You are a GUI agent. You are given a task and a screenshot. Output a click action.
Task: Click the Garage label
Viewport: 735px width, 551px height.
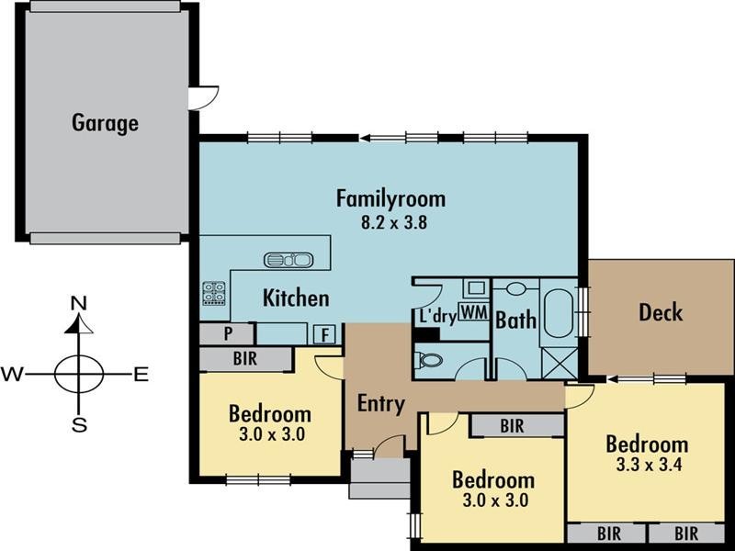[105, 123]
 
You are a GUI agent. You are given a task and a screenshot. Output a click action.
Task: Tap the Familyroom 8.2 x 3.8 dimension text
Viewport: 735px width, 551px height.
[394, 221]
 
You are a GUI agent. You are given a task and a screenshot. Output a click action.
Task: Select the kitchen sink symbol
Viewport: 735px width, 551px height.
[288, 260]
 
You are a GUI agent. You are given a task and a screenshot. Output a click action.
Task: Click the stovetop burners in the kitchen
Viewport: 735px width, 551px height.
[214, 293]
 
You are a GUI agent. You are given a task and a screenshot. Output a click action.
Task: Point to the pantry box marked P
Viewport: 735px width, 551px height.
[227, 333]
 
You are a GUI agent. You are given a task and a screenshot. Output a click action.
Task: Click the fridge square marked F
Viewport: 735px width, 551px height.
[324, 334]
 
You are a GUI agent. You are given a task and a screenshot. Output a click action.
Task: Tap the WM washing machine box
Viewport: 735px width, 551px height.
[473, 312]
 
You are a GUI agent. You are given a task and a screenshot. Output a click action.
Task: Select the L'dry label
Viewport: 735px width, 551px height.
[438, 316]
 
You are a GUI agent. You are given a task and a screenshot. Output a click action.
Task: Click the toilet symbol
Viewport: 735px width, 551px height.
[428, 361]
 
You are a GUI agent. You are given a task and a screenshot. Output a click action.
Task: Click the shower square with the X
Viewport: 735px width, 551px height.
[560, 363]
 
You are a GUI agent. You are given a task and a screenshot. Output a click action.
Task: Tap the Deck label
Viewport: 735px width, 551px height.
[661, 312]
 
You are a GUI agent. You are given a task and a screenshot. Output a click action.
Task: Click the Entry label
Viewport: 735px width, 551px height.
[381, 403]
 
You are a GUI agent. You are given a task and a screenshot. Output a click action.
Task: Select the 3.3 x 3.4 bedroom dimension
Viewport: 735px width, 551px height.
[649, 465]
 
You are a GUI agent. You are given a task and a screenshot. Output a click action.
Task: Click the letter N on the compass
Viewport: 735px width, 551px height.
[79, 304]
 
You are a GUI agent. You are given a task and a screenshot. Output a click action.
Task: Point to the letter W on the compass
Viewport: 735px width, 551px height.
[12, 375]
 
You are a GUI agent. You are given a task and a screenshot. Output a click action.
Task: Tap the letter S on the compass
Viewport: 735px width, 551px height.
[79, 425]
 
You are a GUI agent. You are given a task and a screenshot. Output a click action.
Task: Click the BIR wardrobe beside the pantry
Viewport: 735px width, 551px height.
[245, 359]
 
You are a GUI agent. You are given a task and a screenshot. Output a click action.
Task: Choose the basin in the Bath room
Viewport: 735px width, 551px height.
[515, 288]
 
